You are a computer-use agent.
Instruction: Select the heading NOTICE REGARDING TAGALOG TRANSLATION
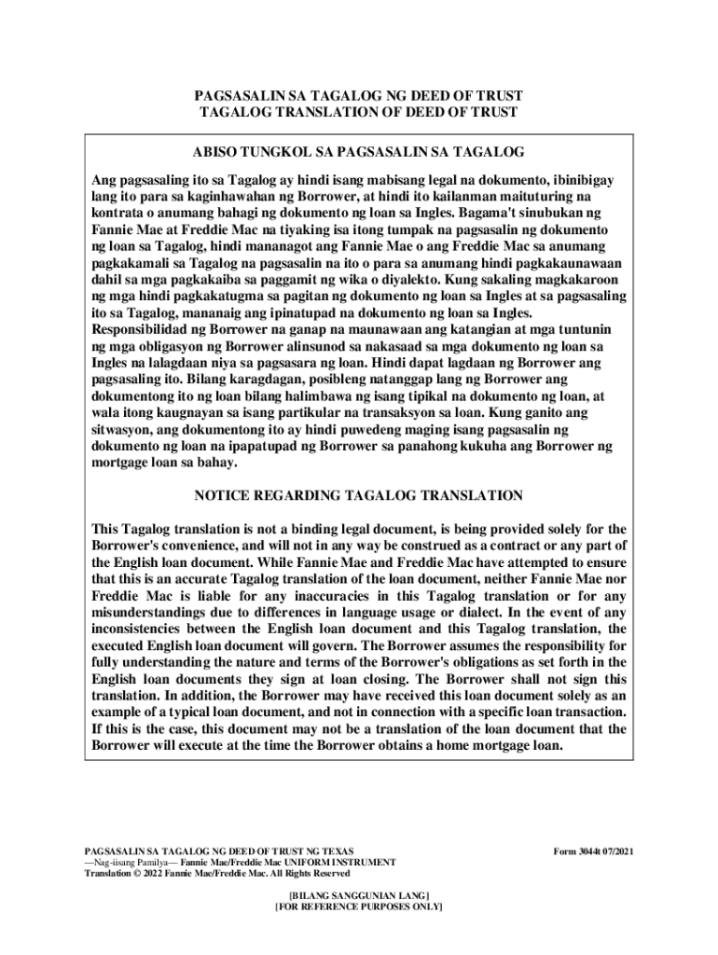coord(358,495)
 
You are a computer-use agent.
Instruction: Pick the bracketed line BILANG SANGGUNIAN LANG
coord(358,893)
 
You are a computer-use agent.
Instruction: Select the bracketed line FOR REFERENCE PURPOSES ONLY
coord(358,906)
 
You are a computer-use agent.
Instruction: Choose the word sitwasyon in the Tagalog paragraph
coord(123,430)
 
